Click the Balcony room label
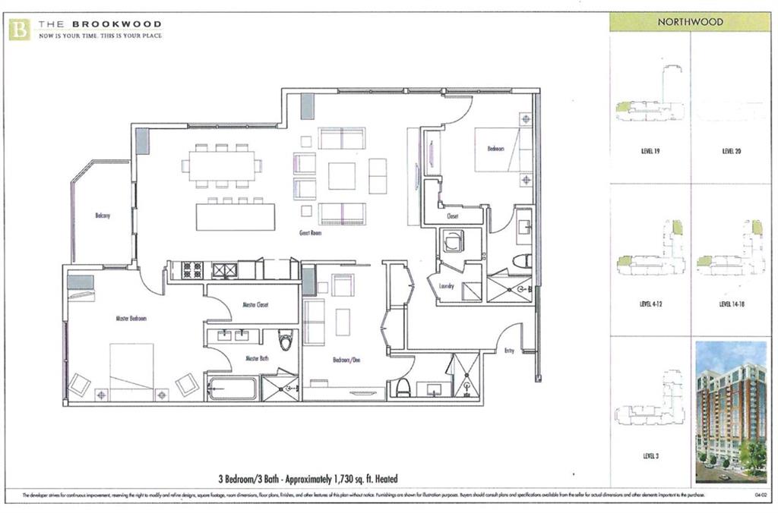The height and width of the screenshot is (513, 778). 103,216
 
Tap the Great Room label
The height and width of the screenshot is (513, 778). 310,234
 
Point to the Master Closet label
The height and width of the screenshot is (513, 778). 256,304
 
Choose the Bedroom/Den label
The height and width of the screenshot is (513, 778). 346,360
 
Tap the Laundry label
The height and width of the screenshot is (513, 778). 446,285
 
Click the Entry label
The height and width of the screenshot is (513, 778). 509,350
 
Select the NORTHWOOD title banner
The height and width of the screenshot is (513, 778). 690,22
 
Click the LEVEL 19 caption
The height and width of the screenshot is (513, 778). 650,151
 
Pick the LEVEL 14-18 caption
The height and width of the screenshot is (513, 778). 731,304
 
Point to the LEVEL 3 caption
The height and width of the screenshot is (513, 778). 650,457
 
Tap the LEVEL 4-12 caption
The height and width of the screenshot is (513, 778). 650,304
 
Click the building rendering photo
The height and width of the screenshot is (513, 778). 731,411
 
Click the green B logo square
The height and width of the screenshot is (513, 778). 20,30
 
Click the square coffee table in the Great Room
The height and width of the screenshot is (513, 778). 341,175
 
